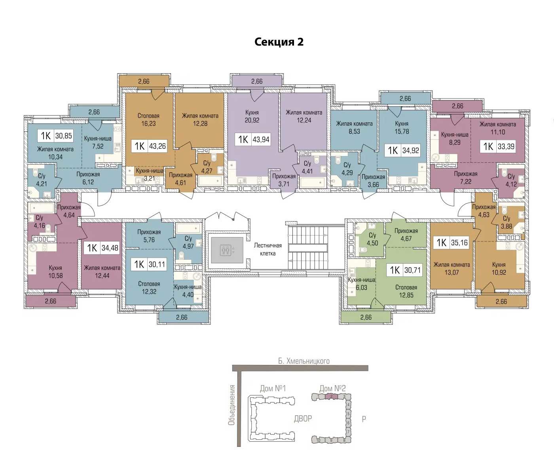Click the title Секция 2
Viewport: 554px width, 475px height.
click(x=279, y=42)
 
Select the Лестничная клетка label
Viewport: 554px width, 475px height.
click(x=268, y=249)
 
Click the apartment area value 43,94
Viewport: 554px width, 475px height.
click(x=261, y=139)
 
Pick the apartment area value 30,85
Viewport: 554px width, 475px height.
click(x=64, y=136)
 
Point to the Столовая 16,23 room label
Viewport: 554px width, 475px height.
click(x=148, y=120)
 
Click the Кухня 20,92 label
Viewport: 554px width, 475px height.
click(x=252, y=116)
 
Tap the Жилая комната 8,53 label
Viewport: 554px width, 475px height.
click(x=354, y=127)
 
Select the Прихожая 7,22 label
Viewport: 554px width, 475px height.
click(x=465, y=177)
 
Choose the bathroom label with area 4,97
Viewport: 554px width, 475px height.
click(x=188, y=242)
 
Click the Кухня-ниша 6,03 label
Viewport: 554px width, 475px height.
click(x=361, y=283)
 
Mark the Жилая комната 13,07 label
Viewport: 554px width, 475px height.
click(x=452, y=269)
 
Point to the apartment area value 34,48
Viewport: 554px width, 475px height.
click(x=110, y=248)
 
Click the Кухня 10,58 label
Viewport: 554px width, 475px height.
click(x=55, y=272)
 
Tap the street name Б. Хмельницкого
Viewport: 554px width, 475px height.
click(x=304, y=361)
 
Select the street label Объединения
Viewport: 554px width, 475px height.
click(x=231, y=405)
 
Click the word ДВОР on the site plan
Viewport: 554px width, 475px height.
click(x=303, y=418)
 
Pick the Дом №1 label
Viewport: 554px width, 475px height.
click(x=273, y=388)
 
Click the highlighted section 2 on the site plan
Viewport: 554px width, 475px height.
click(x=332, y=397)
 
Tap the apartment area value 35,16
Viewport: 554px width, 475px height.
click(x=459, y=243)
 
